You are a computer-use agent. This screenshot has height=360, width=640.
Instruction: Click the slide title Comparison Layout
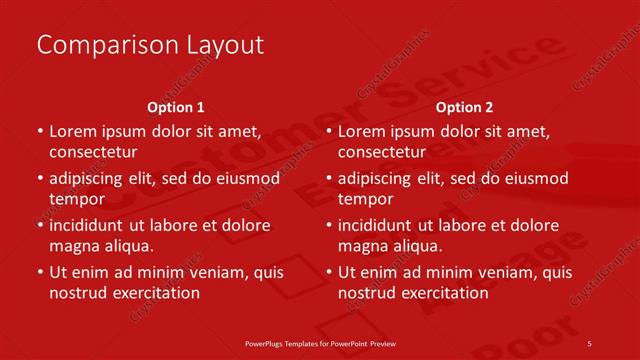click(150, 45)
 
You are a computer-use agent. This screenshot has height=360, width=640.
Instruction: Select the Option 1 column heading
click(176, 107)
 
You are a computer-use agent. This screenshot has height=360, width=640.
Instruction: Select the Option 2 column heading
click(464, 107)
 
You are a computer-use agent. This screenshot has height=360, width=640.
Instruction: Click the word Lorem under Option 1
click(72, 131)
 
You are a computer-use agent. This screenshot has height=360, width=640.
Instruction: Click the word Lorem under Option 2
click(361, 131)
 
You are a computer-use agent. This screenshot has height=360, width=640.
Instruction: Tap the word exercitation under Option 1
click(155, 293)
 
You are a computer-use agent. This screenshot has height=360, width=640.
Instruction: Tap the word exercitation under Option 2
click(444, 293)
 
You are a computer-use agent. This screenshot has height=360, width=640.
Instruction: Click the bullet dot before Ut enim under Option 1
click(40, 272)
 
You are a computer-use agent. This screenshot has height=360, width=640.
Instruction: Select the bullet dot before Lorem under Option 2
click(329, 131)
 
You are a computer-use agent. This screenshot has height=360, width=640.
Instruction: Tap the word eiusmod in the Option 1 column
click(244, 179)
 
